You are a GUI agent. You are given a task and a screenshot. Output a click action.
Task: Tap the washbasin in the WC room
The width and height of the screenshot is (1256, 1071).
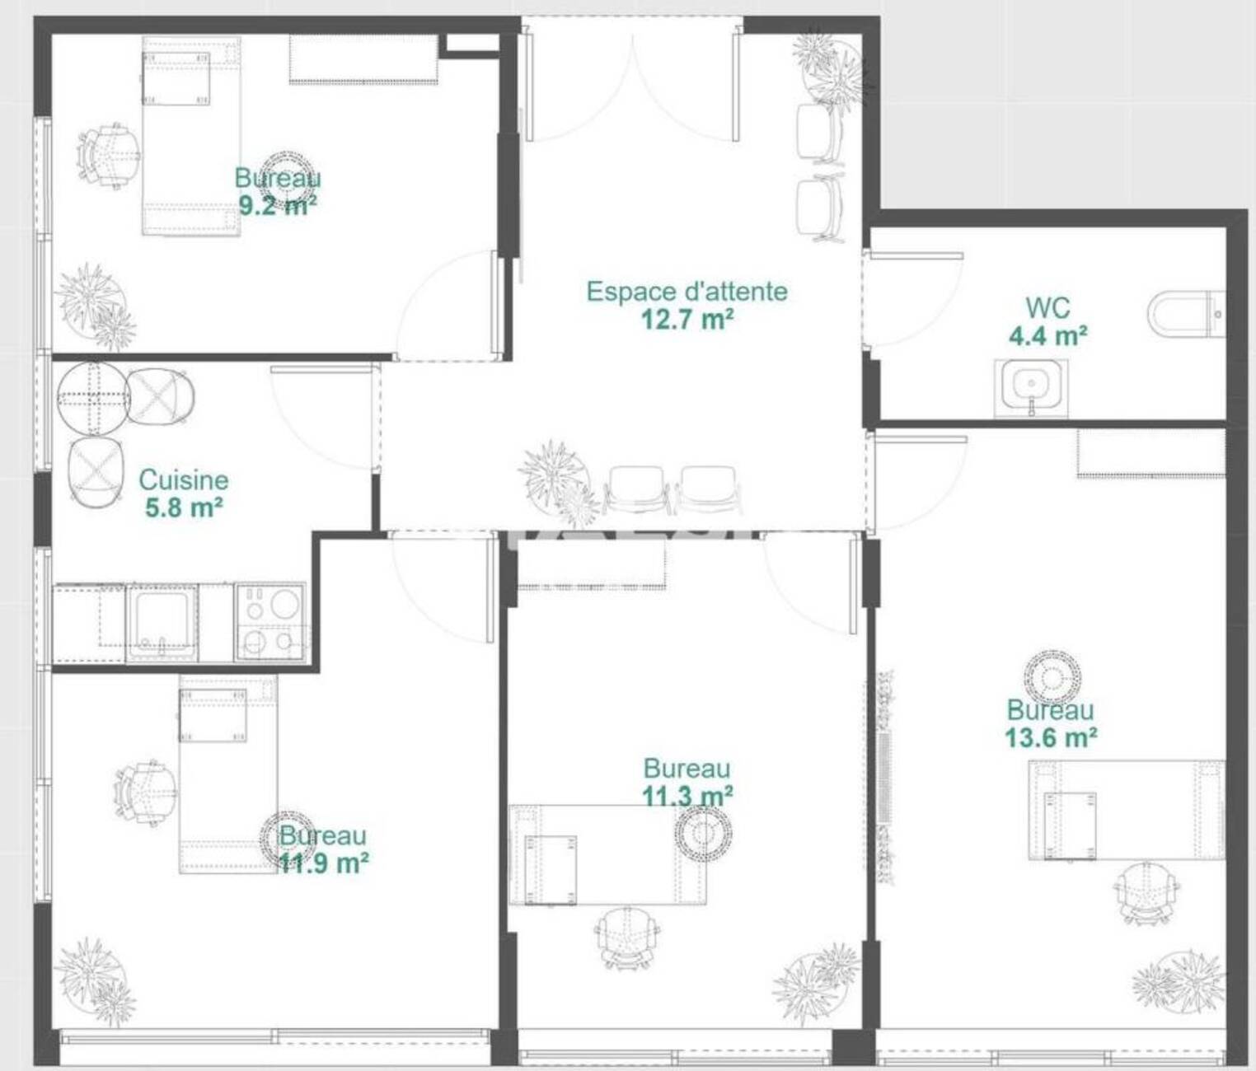click(x=1031, y=388)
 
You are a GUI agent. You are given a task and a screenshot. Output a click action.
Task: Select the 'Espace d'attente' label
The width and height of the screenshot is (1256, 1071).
click(x=687, y=292)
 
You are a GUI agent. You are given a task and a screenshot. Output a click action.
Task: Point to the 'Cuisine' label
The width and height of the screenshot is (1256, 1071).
click(x=184, y=480)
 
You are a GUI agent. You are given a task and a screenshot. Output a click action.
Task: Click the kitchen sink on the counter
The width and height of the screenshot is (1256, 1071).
click(x=162, y=623)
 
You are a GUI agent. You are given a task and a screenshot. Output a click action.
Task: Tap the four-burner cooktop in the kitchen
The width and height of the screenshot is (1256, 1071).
click(x=269, y=622)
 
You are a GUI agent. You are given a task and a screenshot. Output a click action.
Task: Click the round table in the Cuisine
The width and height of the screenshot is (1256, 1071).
click(x=91, y=399)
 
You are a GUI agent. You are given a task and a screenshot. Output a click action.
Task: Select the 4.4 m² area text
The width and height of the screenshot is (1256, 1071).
click(x=1047, y=335)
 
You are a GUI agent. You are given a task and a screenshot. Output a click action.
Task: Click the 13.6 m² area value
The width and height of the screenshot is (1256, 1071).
click(x=1052, y=738)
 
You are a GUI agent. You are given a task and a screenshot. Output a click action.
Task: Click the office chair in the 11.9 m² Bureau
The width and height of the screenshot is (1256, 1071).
click(x=145, y=793)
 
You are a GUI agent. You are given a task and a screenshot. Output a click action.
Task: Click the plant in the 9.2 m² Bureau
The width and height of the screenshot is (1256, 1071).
click(x=96, y=306)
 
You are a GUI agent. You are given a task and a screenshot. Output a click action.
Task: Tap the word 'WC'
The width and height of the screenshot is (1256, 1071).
click(x=1047, y=308)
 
